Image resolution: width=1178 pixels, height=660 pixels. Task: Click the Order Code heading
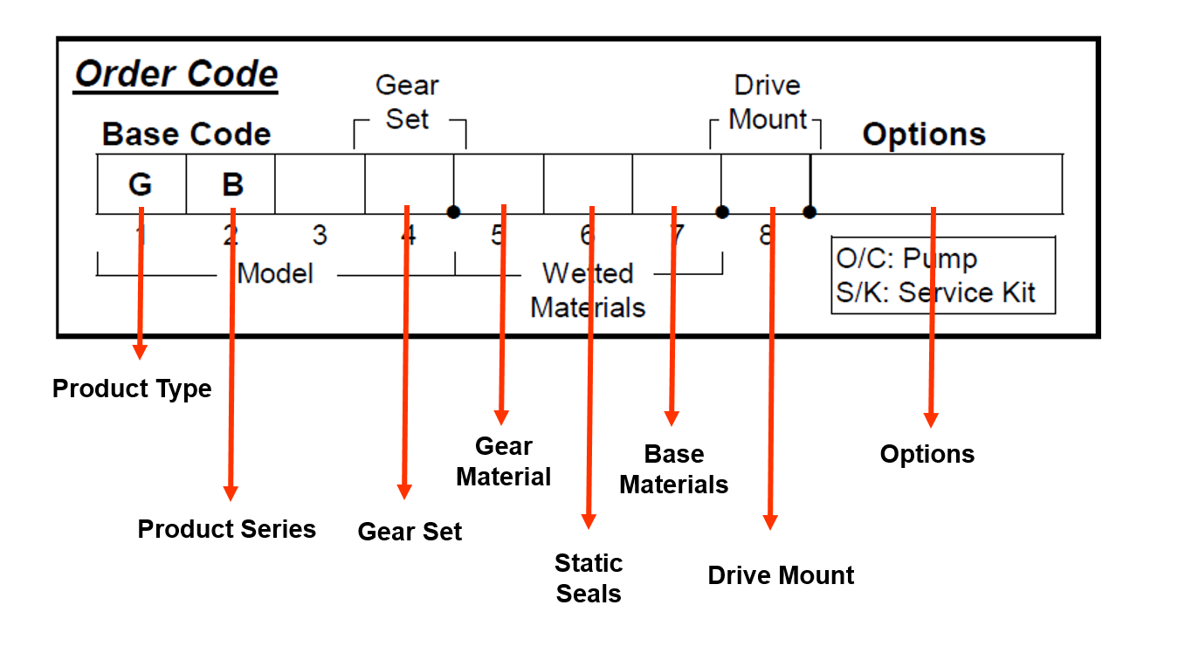(176, 75)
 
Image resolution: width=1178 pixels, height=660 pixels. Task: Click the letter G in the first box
(140, 185)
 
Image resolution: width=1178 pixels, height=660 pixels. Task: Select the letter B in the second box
(232, 185)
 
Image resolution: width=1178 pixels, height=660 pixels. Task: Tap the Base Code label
(186, 134)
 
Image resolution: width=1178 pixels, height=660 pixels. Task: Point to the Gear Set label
(407, 102)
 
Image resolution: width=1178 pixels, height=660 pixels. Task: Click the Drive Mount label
(768, 102)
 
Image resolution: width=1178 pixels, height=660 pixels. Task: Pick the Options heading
(924, 134)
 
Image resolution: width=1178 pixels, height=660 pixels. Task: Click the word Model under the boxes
(275, 273)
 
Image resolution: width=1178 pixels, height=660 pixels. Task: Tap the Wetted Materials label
(588, 290)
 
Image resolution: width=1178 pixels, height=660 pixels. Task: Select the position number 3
(320, 236)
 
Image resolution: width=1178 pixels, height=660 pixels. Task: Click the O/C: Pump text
(906, 258)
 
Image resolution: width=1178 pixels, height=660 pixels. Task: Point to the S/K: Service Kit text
(935, 292)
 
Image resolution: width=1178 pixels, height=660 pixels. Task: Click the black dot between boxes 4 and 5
(453, 212)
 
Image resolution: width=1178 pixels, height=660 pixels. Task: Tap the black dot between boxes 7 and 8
(722, 212)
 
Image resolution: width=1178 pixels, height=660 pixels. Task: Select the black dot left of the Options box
(810, 212)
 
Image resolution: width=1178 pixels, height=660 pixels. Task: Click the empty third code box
(320, 184)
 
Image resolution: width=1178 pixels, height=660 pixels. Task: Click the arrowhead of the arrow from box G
(140, 353)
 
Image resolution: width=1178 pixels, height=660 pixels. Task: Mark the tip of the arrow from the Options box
(931, 422)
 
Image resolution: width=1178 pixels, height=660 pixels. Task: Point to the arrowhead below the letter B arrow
(231, 495)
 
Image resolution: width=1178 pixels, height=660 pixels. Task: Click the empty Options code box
(936, 184)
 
